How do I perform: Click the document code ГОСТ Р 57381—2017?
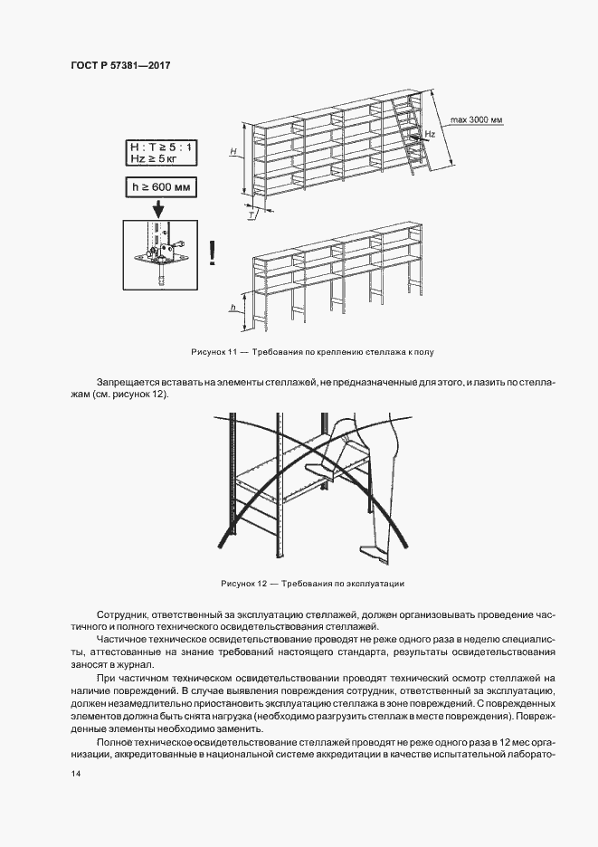point(120,66)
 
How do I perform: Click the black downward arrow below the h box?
point(158,209)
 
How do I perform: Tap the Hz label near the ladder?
point(430,133)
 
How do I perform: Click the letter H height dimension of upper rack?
point(233,153)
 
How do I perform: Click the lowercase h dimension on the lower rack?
point(233,308)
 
